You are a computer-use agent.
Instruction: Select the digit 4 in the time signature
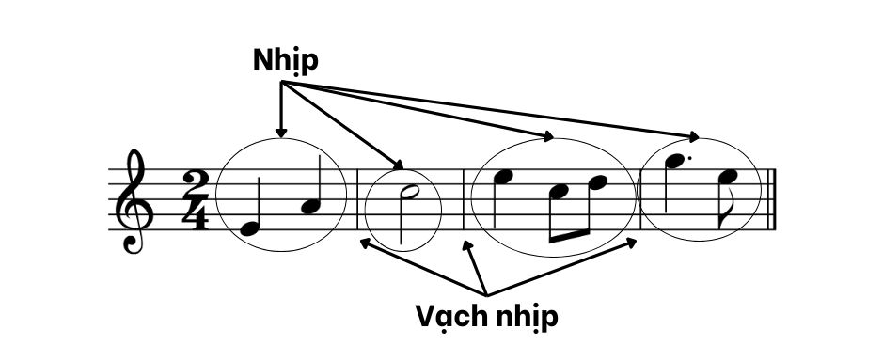click(197, 214)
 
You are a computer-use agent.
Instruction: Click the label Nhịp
click(286, 60)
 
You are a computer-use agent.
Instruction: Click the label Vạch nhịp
click(486, 316)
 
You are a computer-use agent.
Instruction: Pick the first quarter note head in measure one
click(248, 228)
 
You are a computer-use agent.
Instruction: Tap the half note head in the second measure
click(408, 195)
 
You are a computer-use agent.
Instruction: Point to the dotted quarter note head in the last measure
click(676, 163)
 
